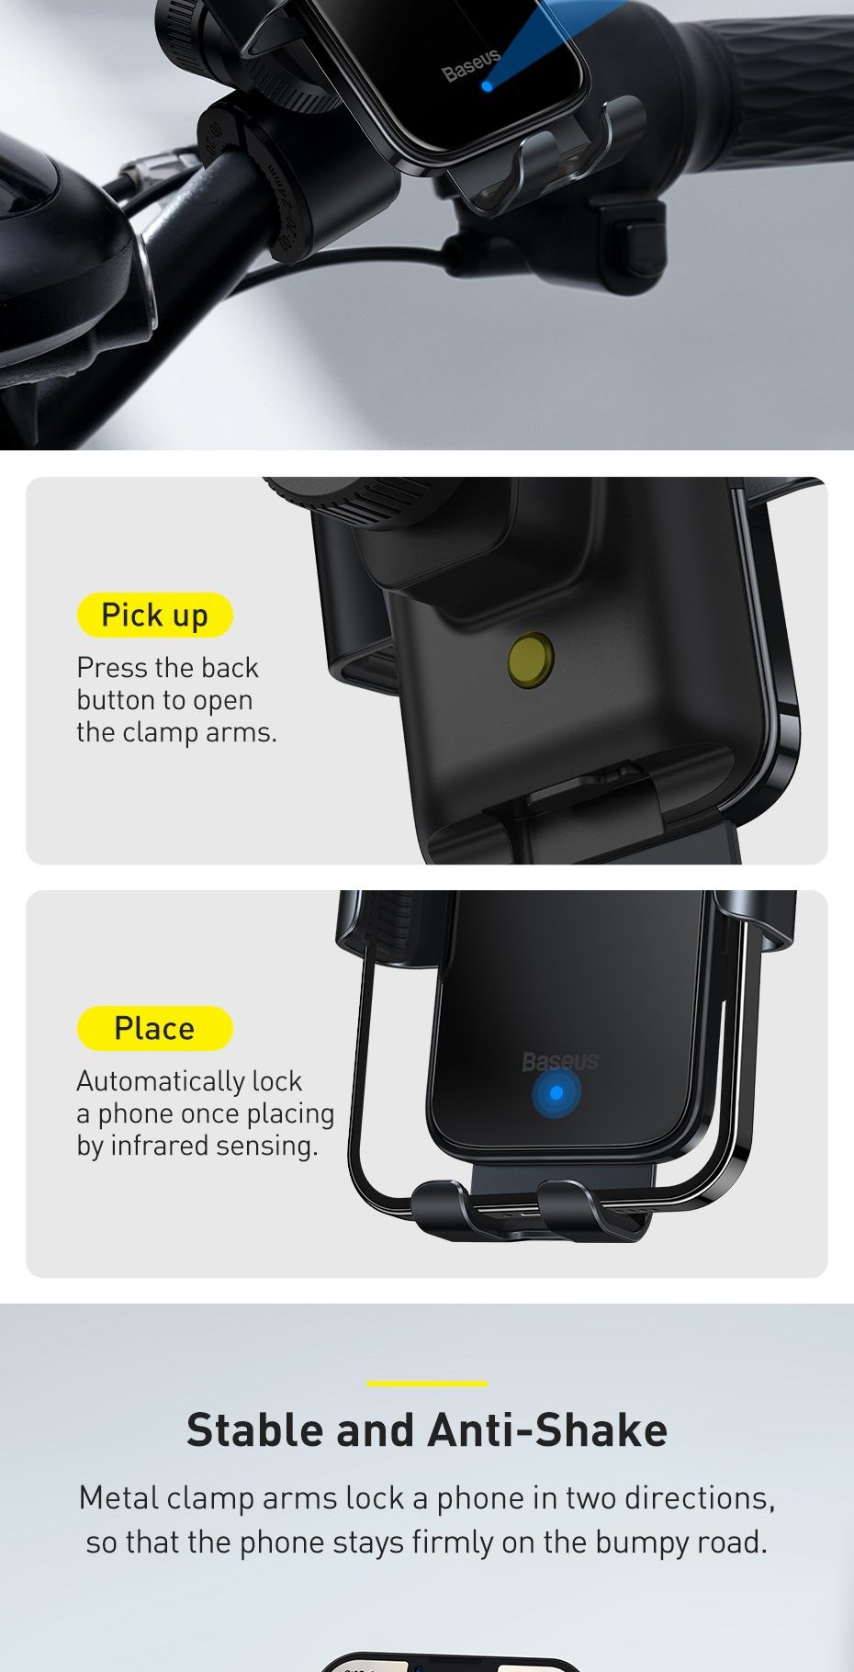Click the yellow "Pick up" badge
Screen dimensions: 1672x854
pos(154,615)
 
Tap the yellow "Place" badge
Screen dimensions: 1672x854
pos(154,1028)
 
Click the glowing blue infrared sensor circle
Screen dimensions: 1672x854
pos(556,1093)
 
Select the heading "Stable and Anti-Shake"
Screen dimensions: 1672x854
pos(427,1430)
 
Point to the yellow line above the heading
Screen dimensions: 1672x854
pos(427,1383)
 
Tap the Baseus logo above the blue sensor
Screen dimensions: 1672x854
pos(560,1062)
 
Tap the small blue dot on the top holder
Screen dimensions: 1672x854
pos(487,86)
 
